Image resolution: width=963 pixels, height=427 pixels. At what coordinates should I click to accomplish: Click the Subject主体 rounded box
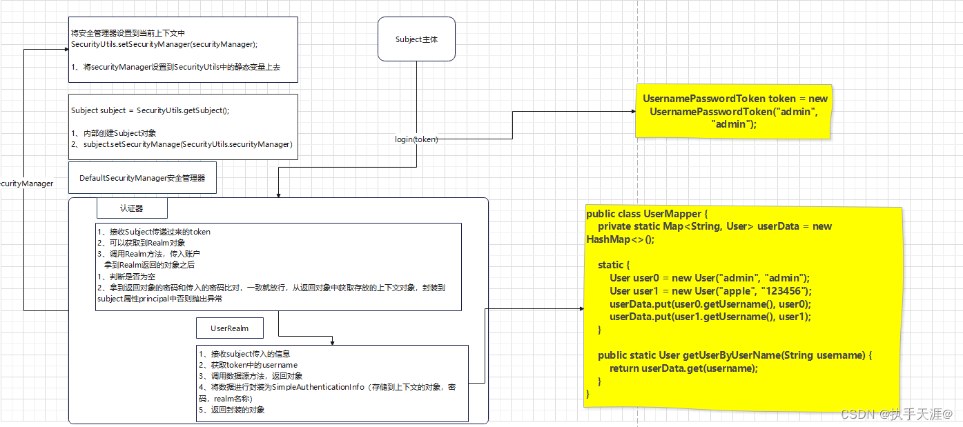(x=416, y=39)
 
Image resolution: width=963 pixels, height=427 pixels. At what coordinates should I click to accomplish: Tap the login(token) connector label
(x=416, y=139)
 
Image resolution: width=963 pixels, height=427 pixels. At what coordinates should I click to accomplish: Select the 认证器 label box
(x=131, y=208)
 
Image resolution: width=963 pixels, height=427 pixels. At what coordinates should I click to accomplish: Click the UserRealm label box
(x=229, y=328)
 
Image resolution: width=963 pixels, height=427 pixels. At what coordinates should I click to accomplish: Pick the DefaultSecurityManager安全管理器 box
(x=142, y=178)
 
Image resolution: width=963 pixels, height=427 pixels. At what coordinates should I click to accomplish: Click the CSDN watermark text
(x=896, y=414)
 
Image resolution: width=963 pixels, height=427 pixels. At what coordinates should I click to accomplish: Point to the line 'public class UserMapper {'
(x=647, y=214)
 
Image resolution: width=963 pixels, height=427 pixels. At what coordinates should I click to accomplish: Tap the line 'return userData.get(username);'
(x=683, y=368)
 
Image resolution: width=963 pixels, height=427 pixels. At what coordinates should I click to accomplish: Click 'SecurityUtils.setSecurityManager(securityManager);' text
(x=164, y=45)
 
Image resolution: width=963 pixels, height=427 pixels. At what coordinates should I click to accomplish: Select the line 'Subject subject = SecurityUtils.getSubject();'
(x=150, y=110)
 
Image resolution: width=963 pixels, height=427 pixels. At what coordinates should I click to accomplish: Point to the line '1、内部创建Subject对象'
(x=114, y=133)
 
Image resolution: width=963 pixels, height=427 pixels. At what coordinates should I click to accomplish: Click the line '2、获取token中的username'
(x=247, y=365)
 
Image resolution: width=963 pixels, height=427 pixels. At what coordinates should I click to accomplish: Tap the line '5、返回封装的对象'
(x=231, y=410)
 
